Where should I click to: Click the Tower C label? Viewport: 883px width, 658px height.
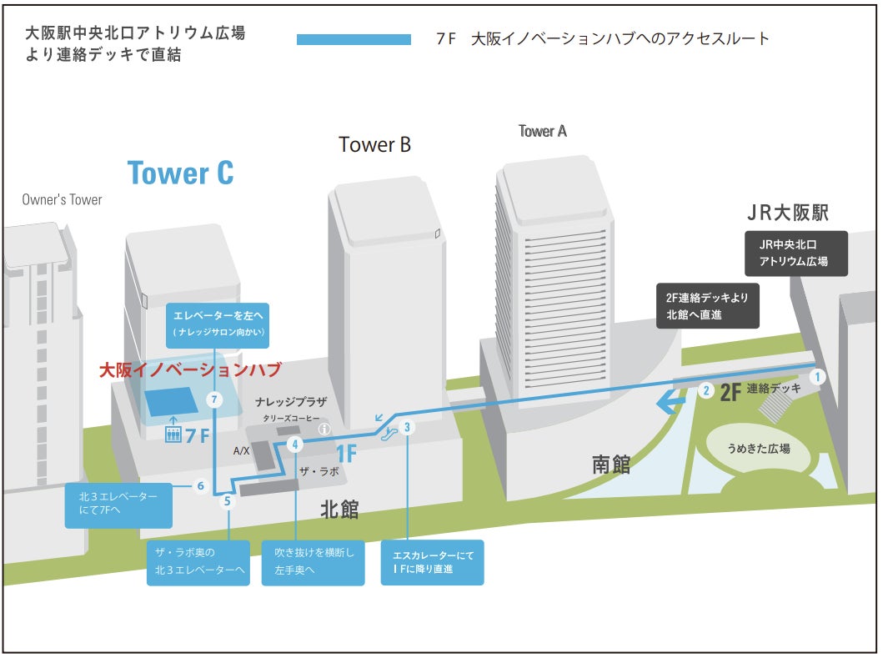(x=180, y=173)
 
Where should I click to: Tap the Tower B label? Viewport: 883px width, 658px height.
(x=374, y=144)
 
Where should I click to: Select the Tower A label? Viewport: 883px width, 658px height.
(x=542, y=131)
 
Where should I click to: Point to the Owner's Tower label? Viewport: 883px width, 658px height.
(x=62, y=200)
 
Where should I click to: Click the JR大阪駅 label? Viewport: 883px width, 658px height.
(x=787, y=213)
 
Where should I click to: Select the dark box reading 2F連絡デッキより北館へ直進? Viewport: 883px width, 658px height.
(x=707, y=305)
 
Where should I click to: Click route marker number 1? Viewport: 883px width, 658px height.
(x=818, y=376)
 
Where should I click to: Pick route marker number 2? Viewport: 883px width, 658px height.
(x=706, y=389)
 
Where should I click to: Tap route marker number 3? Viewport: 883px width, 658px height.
(x=407, y=428)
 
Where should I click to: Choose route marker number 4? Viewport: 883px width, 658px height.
(x=294, y=445)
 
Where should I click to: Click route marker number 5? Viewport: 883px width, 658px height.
(x=228, y=501)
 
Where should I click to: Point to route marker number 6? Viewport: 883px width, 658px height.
(x=200, y=485)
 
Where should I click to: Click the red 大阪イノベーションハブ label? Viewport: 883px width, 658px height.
(x=190, y=369)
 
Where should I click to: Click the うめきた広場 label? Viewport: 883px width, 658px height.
(x=758, y=449)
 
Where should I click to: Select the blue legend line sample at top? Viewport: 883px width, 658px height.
(x=354, y=39)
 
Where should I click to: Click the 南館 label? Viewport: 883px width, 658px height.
(x=610, y=465)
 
